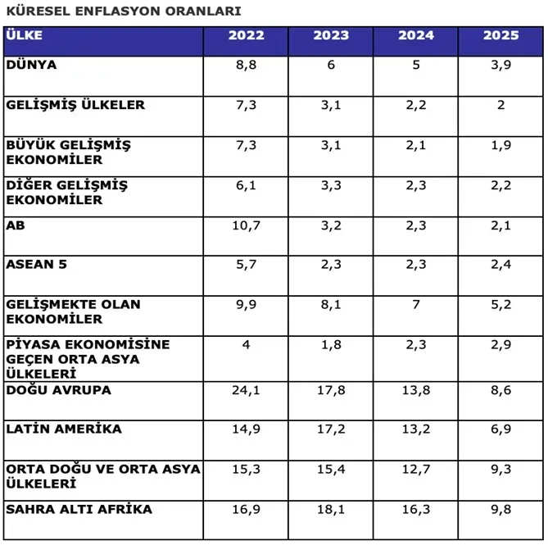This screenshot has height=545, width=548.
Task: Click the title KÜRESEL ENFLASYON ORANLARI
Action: pos(124,12)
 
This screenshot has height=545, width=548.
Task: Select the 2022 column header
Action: pos(247,36)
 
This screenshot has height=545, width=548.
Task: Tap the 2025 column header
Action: pos(500,36)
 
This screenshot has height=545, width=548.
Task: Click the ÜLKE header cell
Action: pos(24,36)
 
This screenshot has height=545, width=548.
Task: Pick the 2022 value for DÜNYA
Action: pos(247,66)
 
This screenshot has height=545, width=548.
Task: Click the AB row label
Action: pos(16,225)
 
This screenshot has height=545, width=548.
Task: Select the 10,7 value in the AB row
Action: pos(247,225)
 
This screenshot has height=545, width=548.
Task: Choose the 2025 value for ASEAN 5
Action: pos(500,265)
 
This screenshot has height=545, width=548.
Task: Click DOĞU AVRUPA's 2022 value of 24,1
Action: pos(247,391)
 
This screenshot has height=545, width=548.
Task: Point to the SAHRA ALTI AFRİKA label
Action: pos(79,510)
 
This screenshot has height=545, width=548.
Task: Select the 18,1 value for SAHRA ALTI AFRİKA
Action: pos(331,510)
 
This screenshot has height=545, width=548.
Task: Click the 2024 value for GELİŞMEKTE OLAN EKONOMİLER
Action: pos(416,305)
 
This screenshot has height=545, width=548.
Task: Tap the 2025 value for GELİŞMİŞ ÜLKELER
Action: pos(500,106)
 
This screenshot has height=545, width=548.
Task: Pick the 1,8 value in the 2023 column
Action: pos(331,345)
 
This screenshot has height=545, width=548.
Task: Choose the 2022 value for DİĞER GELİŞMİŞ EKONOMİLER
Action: pos(247,186)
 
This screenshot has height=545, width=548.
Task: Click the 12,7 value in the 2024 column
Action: pos(416,470)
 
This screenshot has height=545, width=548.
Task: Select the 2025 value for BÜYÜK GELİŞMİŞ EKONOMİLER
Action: pos(500,146)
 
